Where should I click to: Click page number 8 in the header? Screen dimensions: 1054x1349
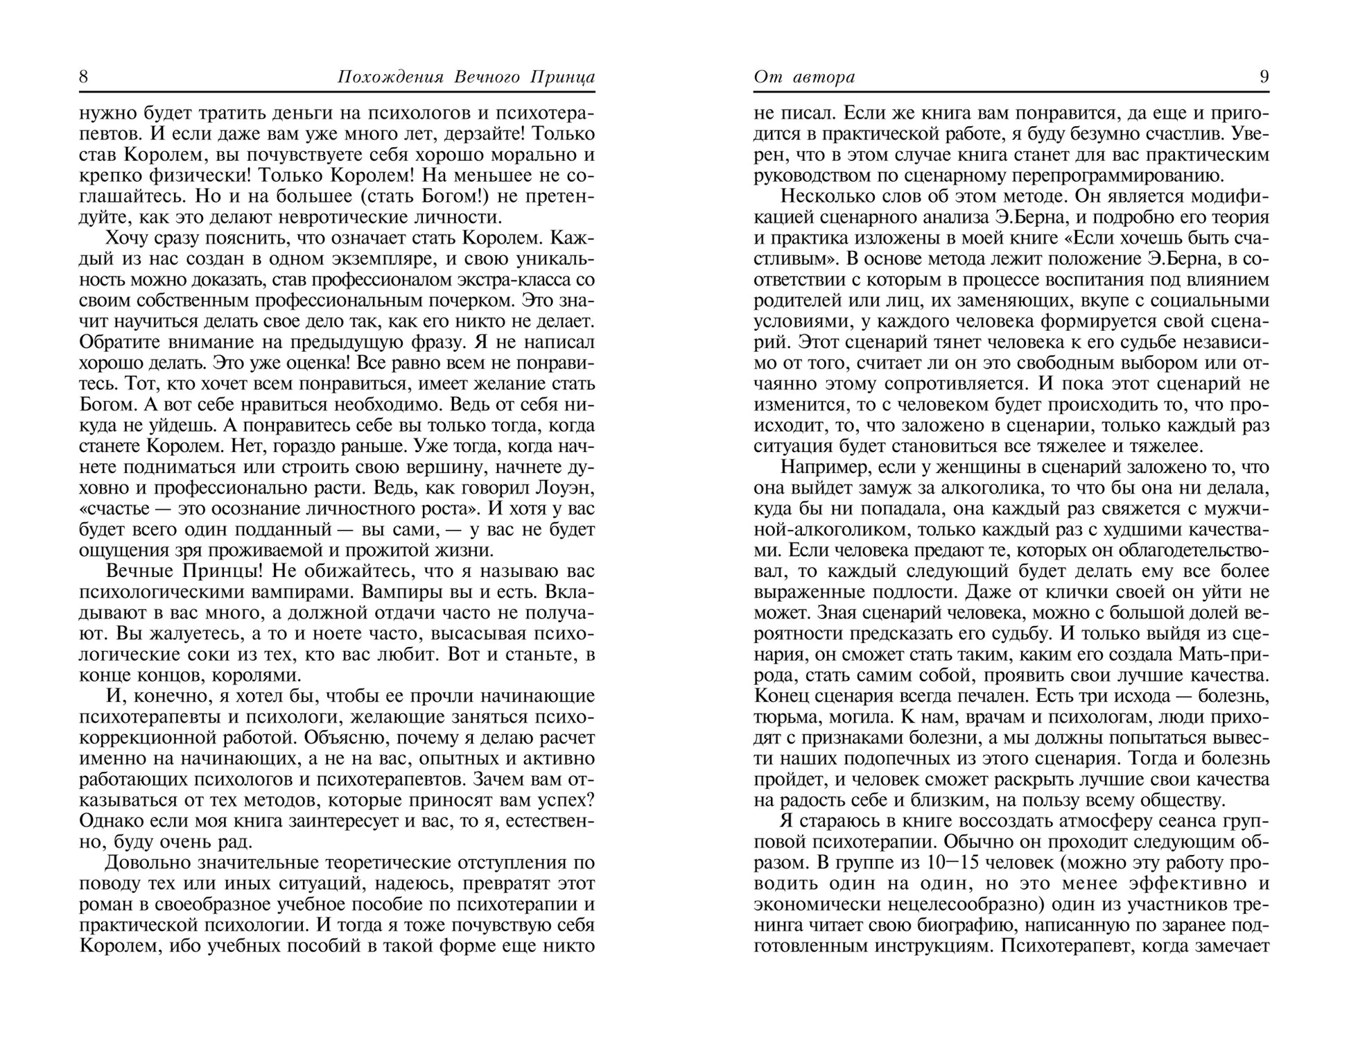pos(84,76)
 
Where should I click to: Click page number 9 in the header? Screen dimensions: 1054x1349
pos(1264,76)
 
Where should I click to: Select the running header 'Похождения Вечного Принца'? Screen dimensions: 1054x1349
pos(466,76)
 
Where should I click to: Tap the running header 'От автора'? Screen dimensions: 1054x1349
pos(804,76)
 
